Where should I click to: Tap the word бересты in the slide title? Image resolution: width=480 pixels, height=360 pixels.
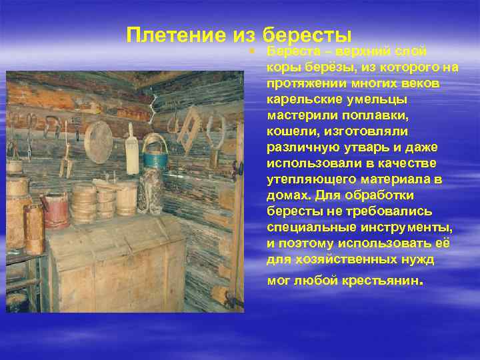pyautogui.click(x=307, y=35)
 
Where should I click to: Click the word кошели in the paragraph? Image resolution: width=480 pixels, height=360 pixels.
pyautogui.click(x=290, y=131)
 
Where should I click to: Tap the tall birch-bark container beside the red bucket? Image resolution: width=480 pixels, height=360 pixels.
pyautogui.click(x=33, y=227)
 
